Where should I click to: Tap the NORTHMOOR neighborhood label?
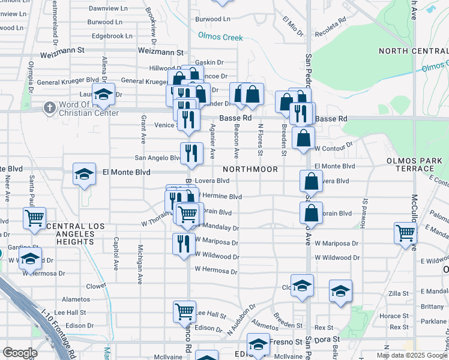(251, 170)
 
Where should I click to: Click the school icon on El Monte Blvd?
(84, 175)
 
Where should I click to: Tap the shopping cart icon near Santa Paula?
(34, 218)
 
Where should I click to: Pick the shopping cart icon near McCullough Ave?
(405, 232)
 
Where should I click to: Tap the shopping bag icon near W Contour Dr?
(304, 137)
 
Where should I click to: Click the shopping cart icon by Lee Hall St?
(184, 311)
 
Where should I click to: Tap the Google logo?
(20, 352)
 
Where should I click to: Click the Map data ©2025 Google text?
(411, 355)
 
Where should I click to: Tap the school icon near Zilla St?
(340, 291)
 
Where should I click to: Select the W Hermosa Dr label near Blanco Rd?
(215, 271)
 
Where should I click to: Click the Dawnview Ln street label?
(108, 8)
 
